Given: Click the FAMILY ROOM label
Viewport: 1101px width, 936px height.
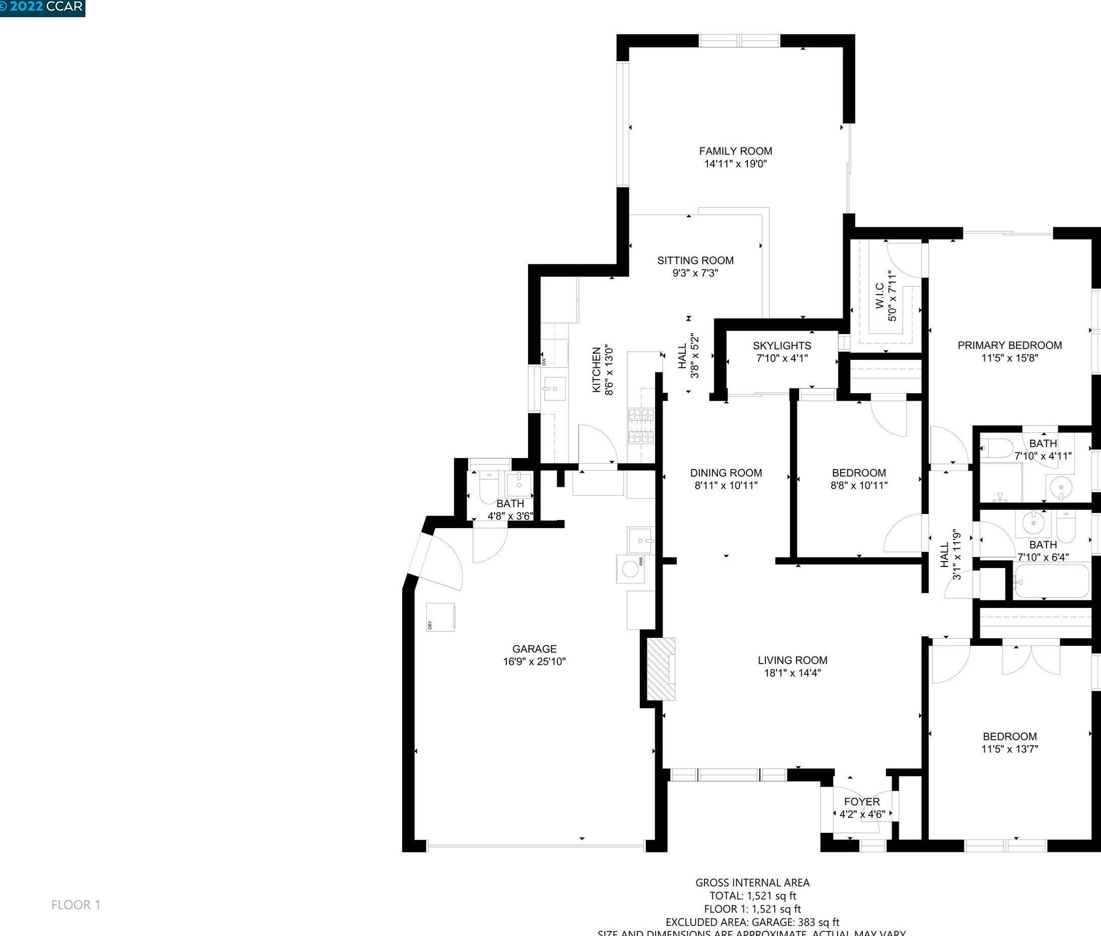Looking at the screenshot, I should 735,151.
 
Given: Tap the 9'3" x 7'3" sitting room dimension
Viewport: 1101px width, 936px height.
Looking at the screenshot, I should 695,273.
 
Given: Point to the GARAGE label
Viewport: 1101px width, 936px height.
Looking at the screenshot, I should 534,649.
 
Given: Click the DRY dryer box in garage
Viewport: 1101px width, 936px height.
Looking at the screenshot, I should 441,617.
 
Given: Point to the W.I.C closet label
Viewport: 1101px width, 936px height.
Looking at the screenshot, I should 879,296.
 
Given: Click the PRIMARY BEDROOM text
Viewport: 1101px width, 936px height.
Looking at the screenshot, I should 1009,345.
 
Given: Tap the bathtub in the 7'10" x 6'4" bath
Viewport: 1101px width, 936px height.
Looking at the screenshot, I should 1050,582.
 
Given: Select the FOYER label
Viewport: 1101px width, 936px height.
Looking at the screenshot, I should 862,802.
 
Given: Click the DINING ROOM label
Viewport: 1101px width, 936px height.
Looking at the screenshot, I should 726,473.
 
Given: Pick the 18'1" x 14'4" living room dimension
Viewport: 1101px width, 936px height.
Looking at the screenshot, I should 792,673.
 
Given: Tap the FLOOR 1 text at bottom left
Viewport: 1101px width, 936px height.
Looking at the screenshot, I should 76,905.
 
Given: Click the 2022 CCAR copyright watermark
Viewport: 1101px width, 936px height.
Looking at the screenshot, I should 42,7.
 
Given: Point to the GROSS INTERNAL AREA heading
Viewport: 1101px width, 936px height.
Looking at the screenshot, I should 752,883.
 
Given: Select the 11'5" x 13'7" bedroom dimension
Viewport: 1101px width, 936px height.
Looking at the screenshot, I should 1009,749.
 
